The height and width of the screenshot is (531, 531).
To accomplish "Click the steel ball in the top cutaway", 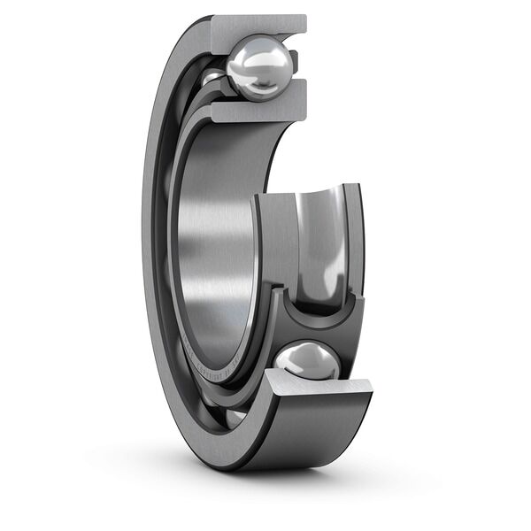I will coord(258,66).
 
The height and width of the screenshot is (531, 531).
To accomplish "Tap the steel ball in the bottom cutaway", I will coord(307,362).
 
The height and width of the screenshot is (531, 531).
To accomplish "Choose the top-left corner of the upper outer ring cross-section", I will coord(212,18).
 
